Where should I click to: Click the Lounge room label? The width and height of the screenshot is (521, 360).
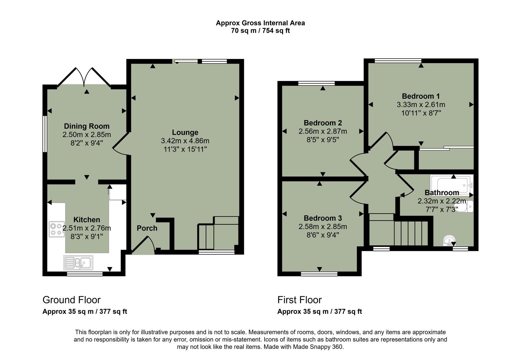(185, 132)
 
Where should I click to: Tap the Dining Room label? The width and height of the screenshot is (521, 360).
(87, 126)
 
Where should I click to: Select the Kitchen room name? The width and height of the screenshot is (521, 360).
(87, 220)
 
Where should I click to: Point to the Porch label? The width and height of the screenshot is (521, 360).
(147, 228)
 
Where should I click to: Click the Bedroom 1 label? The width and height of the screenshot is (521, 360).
(421, 96)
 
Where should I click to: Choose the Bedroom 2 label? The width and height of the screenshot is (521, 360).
(322, 123)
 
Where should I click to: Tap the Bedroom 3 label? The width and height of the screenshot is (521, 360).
(322, 218)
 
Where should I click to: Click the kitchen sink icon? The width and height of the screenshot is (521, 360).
(78, 263)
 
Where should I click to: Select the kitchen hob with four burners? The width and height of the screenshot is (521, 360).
(57, 229)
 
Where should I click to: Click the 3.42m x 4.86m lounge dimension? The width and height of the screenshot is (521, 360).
(185, 141)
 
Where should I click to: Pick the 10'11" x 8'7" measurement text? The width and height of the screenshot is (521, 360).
(421, 113)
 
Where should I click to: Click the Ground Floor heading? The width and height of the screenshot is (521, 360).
(72, 300)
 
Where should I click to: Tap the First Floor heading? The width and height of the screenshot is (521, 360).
(299, 300)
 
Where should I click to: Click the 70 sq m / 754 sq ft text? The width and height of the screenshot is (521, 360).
(260, 31)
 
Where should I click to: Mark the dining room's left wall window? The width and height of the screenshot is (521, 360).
(44, 134)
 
